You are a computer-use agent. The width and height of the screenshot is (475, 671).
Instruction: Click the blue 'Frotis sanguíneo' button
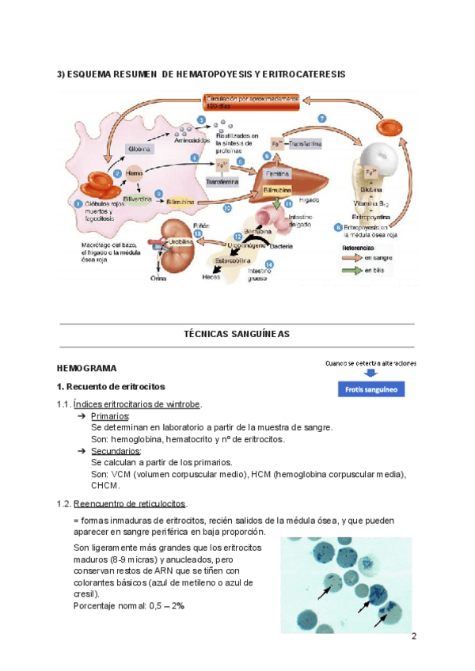[370, 389]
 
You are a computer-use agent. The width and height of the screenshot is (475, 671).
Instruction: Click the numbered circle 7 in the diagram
[322, 119]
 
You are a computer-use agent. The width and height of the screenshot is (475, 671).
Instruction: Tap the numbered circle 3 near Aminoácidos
[201, 119]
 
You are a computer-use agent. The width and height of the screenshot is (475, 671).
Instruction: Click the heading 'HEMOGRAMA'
[87, 369]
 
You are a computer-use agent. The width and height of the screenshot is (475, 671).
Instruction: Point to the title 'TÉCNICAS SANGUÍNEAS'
[237, 334]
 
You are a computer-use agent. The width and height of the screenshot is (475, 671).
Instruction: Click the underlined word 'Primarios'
[110, 416]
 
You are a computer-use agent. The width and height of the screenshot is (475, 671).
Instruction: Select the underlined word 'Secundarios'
[115, 451]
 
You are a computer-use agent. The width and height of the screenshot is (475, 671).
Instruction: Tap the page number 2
[413, 637]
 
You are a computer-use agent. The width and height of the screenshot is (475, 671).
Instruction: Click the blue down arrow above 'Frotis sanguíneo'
[370, 373]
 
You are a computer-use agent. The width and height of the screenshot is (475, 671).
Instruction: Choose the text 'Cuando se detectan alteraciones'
[370, 362]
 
